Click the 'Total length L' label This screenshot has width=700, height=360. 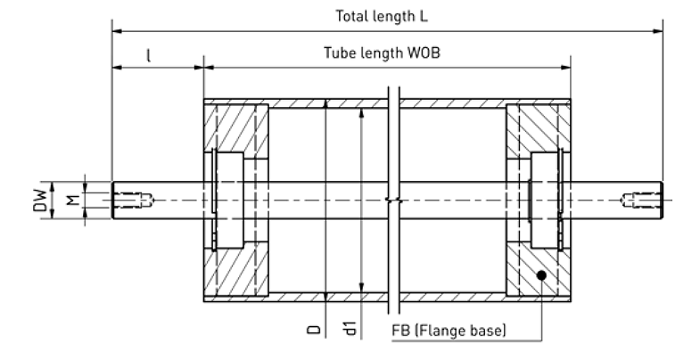[x=382, y=16]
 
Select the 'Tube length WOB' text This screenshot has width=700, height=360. [x=383, y=53]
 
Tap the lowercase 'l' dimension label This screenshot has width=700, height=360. [x=149, y=55]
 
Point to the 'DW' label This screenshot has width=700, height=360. [x=40, y=200]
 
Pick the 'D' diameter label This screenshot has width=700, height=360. [x=313, y=330]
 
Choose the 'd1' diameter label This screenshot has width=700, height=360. [x=350, y=328]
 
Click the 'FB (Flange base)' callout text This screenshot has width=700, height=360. [x=449, y=331]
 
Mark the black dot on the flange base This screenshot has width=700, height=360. [x=541, y=275]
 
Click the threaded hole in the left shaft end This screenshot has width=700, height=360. [x=133, y=200]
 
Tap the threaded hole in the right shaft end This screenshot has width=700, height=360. [x=640, y=200]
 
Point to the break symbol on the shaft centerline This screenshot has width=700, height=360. [x=393, y=200]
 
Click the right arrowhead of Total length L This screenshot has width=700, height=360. [x=657, y=31]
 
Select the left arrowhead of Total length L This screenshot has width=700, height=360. [x=117, y=31]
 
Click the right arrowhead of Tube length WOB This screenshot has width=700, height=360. [x=565, y=68]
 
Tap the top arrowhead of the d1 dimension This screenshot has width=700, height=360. [x=362, y=113]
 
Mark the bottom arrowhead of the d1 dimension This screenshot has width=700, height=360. [x=362, y=287]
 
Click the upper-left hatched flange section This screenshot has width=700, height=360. [x=236, y=128]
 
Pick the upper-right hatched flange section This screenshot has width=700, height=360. [x=539, y=128]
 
